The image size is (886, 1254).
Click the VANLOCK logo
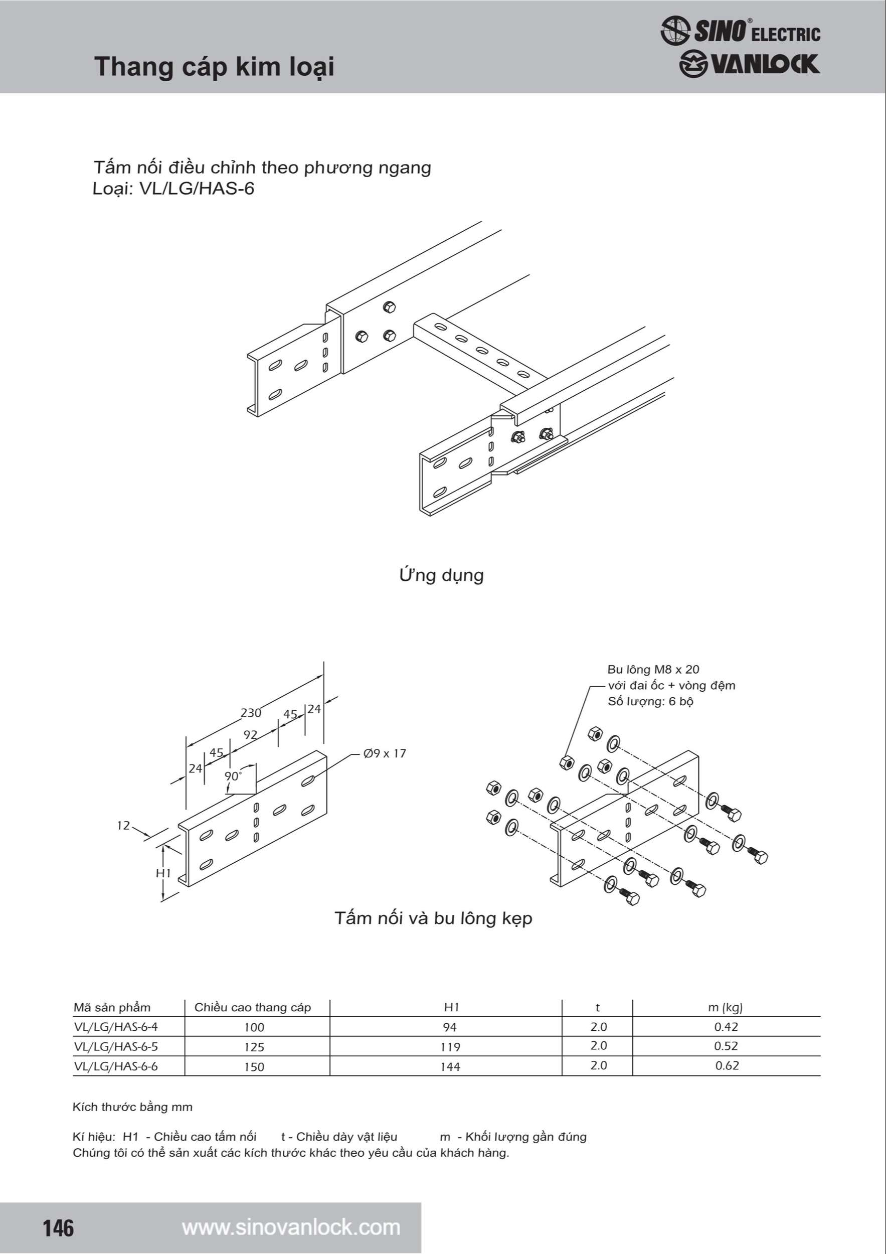coord(749,64)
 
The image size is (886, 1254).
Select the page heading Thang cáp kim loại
coord(214,67)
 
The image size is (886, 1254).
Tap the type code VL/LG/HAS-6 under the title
coord(197,189)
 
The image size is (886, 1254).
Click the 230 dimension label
coord(251,712)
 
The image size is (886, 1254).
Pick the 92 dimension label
coord(250,735)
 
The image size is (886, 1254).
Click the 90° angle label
coord(233,776)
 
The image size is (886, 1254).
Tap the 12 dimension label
coord(123,825)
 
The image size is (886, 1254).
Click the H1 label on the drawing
coord(163,873)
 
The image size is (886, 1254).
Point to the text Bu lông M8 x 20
coord(653,670)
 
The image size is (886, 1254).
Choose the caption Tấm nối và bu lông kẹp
coord(433,918)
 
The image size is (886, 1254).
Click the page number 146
coord(58,1228)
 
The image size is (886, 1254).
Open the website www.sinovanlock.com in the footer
coord(291,1227)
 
